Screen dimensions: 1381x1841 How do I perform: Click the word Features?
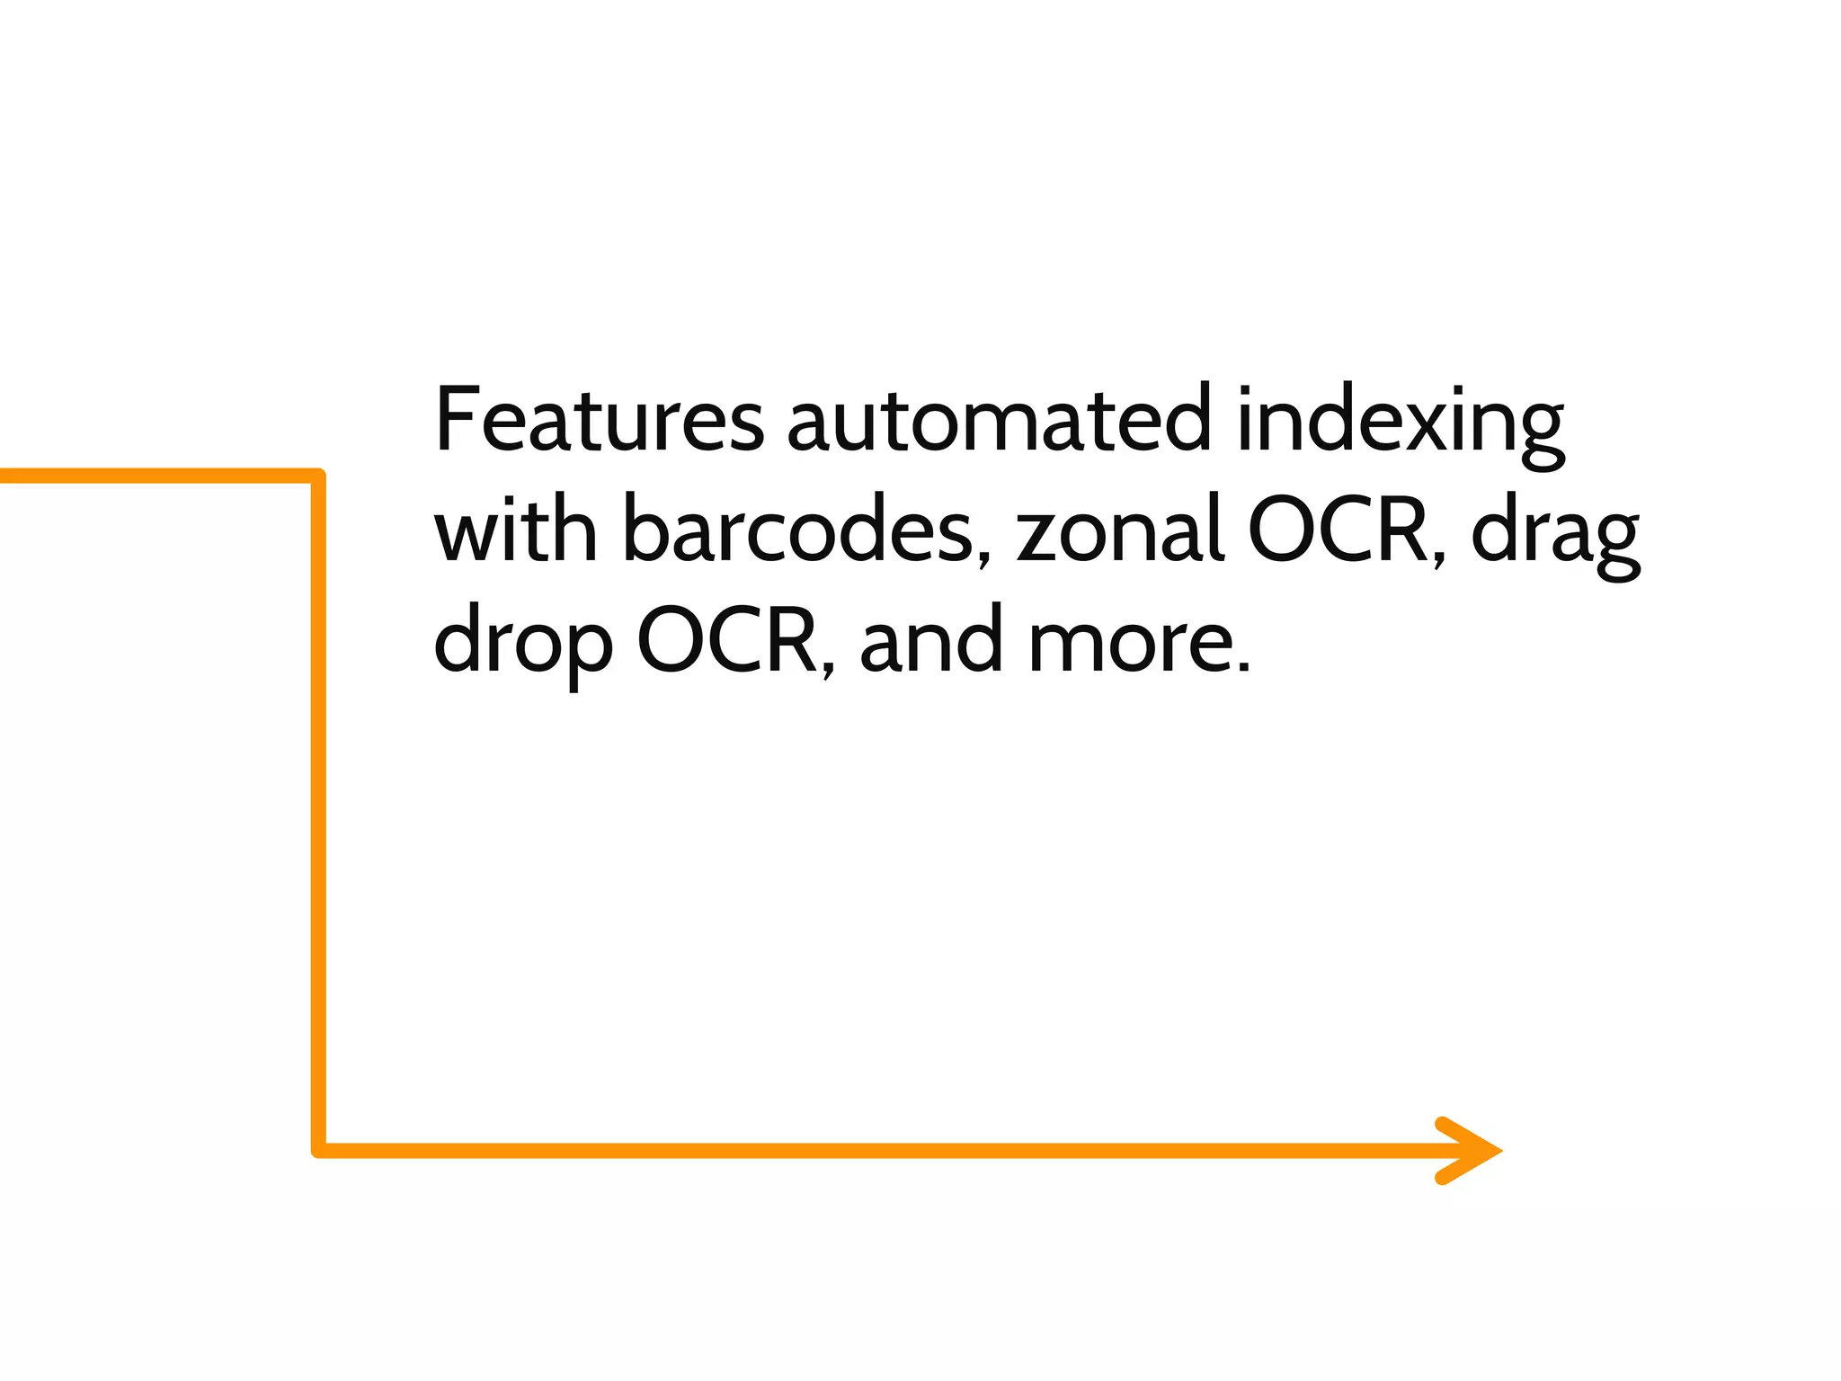[x=599, y=421]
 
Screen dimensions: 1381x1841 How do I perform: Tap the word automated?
[x=999, y=421]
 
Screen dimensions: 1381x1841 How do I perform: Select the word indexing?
[x=1400, y=423]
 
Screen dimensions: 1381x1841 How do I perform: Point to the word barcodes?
[x=798, y=532]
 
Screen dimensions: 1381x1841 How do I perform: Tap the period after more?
[x=1243, y=667]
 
